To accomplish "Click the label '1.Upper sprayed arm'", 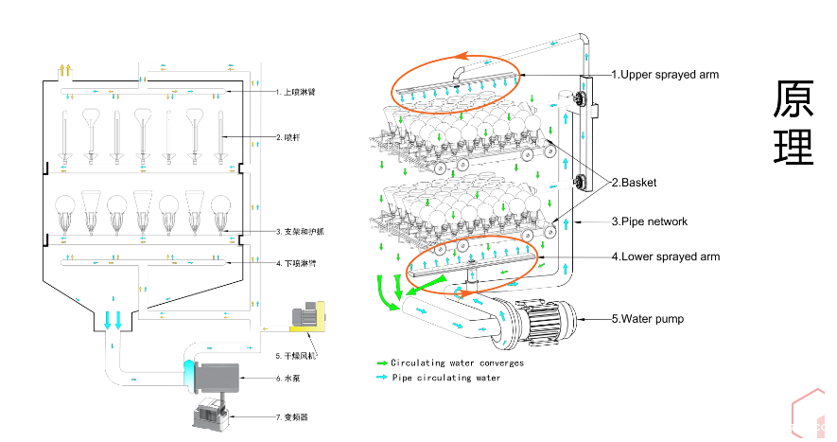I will (x=665, y=74).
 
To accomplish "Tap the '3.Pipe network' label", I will (x=649, y=221).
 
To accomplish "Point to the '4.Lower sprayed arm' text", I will (x=665, y=256).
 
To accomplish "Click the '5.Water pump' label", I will (x=647, y=319).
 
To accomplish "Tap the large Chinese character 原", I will (x=793, y=99).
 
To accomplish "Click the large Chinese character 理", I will (x=793, y=147).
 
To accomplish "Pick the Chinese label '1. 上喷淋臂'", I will (x=295, y=93).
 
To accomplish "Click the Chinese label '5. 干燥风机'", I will (x=295, y=356).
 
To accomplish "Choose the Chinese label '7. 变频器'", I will (x=289, y=416).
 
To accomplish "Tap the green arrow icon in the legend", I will (x=381, y=362).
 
